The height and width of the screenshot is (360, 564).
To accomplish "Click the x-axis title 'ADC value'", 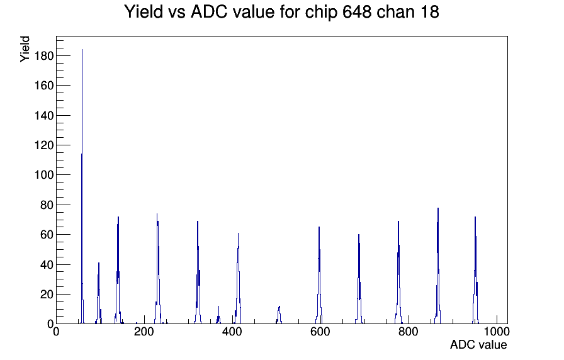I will tap(478, 345).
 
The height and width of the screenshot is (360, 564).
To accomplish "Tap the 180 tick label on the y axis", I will tap(43, 56).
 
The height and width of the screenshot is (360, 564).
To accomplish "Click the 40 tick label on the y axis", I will tap(45, 264).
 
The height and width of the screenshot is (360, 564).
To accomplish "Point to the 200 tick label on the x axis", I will tap(144, 333).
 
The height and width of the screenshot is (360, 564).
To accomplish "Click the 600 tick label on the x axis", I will tap(320, 333).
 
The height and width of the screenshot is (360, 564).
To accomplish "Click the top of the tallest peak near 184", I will tap(82, 50).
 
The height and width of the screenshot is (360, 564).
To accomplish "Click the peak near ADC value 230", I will tap(157, 215).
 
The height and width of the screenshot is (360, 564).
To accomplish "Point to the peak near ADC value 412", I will tap(238, 234).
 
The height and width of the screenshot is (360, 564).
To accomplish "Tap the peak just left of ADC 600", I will tap(319, 228).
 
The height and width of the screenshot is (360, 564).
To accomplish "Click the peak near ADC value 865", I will tap(438, 209).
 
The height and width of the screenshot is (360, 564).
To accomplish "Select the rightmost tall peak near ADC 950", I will tap(475, 218).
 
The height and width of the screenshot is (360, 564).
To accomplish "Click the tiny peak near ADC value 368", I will tap(218, 308).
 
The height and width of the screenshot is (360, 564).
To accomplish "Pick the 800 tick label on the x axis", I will tap(408, 333).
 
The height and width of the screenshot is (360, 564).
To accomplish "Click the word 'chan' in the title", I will tap(394, 12).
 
